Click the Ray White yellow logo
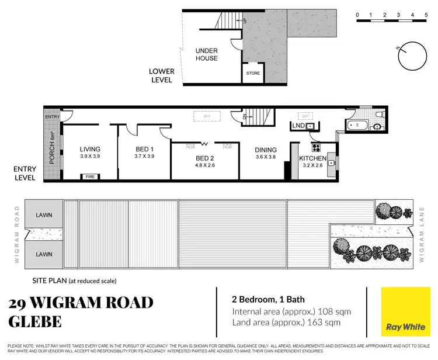click(x=402, y=313)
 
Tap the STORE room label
click(x=253, y=74)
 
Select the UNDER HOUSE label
click(x=206, y=55)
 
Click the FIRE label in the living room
click(x=90, y=176)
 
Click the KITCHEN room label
click(x=312, y=158)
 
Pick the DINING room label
click(x=266, y=150)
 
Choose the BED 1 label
click(x=144, y=150)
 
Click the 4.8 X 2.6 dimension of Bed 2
click(x=205, y=165)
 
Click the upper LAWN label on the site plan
click(x=44, y=214)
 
